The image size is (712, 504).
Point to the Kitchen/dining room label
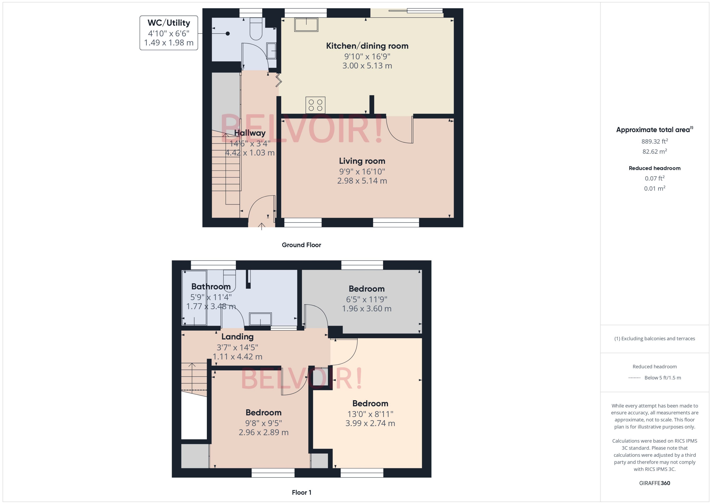pos(367,46)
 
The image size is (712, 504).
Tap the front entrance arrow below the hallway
pos(262,226)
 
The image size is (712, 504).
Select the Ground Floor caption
pos(301,245)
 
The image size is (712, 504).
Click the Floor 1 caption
pos(301,492)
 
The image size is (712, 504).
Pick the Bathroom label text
pos(211,286)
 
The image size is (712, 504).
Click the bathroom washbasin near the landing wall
pos(260,319)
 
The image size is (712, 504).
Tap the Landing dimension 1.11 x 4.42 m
pos(237,357)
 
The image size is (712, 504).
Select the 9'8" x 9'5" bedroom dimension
pos(263,423)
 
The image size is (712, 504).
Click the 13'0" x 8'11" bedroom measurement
pos(370,414)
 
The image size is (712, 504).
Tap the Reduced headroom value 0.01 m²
pos(654,188)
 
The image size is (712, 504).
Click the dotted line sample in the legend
pos(634,378)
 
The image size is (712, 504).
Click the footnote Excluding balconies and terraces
pos(654,339)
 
